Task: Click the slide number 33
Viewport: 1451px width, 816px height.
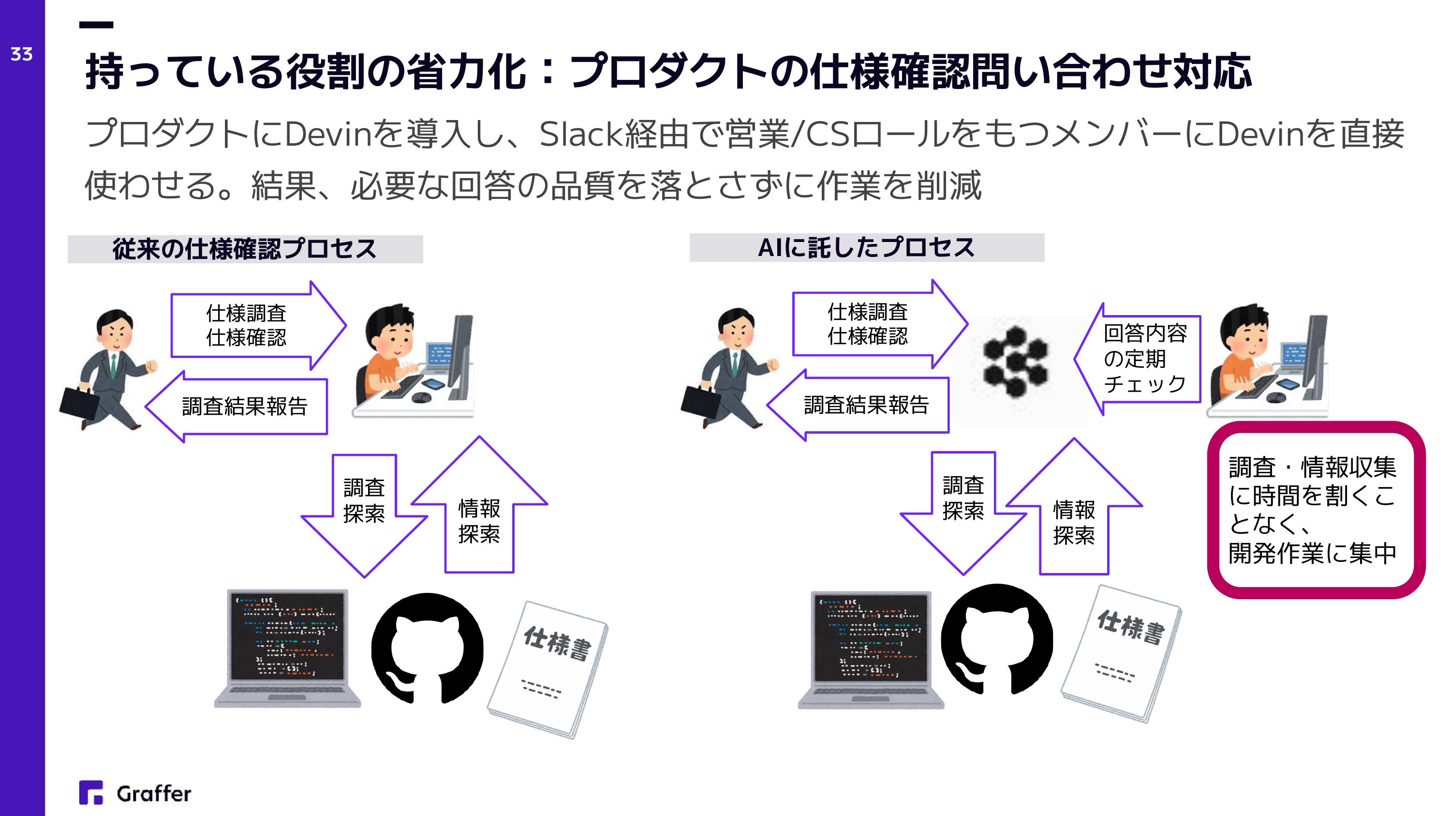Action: (21, 54)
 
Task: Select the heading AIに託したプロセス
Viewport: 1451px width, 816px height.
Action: (866, 247)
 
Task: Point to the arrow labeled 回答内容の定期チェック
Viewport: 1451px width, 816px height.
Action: (1137, 359)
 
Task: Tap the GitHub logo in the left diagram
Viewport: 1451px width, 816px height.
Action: (427, 648)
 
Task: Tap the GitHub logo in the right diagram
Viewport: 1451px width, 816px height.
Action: (996, 639)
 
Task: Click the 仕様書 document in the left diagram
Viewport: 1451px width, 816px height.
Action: (548, 669)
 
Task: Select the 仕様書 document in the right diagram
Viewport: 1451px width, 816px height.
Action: (1121, 654)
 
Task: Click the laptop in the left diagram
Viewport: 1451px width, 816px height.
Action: (287, 648)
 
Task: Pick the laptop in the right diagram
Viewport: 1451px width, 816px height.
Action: (871, 649)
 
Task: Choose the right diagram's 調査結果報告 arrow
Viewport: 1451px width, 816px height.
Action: (858, 405)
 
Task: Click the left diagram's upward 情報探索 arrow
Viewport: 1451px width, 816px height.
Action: (479, 505)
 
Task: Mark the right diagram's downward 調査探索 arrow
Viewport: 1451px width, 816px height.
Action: (963, 514)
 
